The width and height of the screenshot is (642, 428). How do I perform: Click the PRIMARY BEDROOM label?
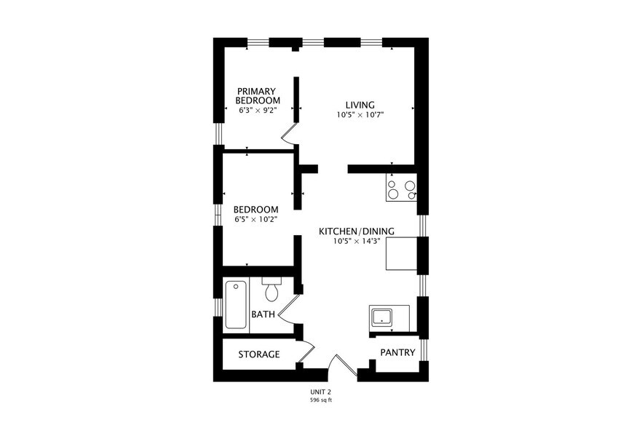[x=258, y=95]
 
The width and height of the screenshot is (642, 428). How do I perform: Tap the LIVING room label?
[x=360, y=104]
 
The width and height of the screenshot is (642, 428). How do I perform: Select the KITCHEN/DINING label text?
[x=357, y=231]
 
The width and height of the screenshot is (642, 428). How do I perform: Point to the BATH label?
[x=263, y=314]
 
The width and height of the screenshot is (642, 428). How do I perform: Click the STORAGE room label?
[x=259, y=354]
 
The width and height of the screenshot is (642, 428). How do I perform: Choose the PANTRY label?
[x=397, y=352]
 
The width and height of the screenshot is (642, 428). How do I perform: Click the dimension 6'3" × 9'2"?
[x=258, y=110]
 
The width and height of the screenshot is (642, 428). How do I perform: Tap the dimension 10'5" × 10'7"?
[x=360, y=115]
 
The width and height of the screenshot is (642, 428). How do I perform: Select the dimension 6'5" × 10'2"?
[x=255, y=219]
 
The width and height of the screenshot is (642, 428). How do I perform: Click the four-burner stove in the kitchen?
[x=401, y=189]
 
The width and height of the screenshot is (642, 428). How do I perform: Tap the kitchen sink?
[x=381, y=317]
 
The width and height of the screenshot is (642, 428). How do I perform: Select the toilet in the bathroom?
[x=272, y=290]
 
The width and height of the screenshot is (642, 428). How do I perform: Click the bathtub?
[x=236, y=305]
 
